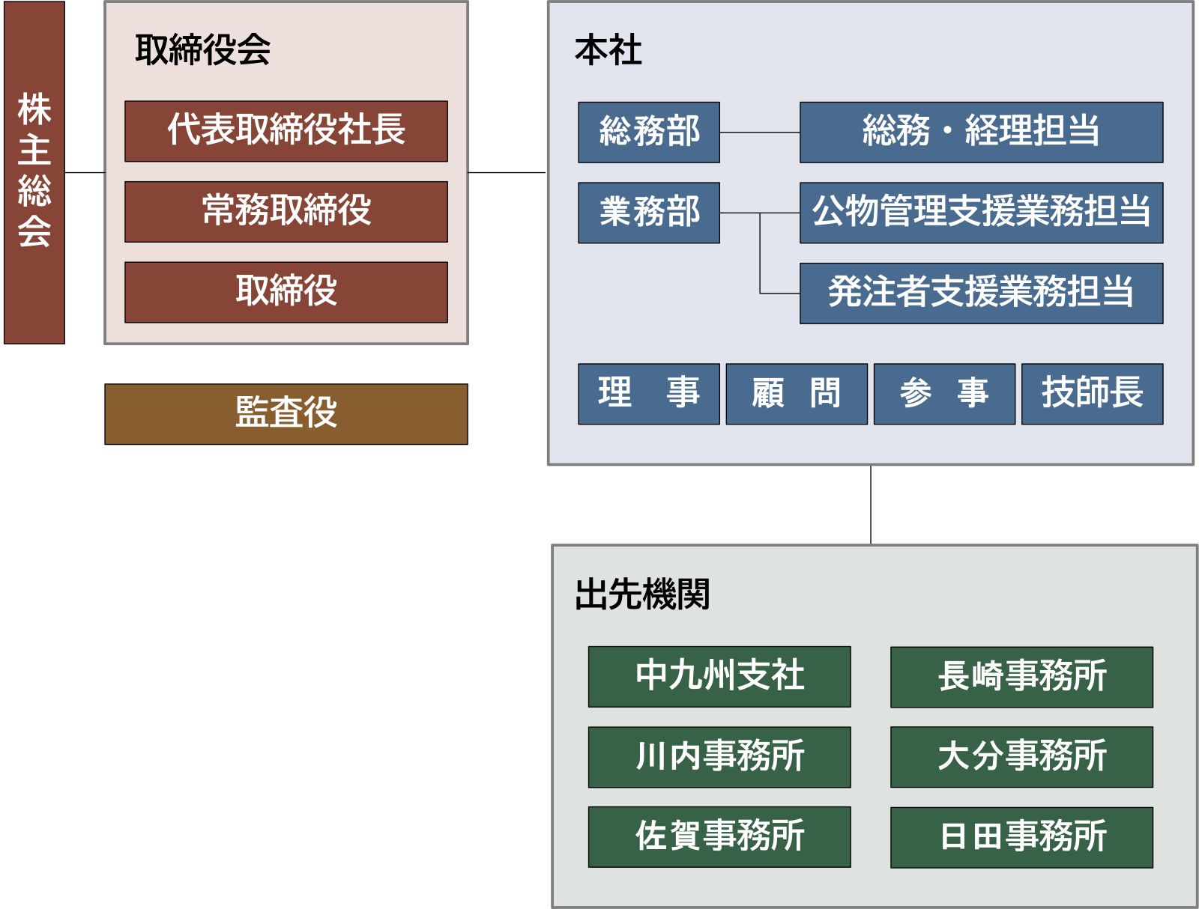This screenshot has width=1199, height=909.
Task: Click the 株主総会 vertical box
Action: pos(34,172)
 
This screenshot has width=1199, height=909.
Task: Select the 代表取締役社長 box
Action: pos(286,131)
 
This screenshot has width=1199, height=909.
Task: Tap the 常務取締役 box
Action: pos(286,212)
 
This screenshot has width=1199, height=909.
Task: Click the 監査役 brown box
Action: pos(286,414)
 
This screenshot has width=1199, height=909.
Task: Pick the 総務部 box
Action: pos(649,132)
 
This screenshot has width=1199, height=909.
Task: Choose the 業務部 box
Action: pos(649,213)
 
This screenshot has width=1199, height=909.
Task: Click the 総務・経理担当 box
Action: pos(982,132)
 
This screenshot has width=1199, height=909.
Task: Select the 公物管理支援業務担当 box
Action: pos(982,213)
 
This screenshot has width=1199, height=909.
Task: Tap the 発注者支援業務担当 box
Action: pos(982,294)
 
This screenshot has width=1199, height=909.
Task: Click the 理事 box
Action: pos(649,394)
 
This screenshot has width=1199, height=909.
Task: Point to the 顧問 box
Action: pos(797,394)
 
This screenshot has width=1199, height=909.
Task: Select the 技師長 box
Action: pos(1093,394)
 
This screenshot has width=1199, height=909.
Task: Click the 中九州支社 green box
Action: pos(719,677)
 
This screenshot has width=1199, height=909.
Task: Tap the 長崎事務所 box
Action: pos(1022,677)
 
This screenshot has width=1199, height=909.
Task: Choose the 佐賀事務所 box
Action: pos(719,837)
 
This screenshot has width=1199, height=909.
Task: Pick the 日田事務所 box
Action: pos(1022,838)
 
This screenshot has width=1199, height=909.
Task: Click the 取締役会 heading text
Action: pos(202,49)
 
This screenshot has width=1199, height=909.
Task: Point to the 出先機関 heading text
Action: pos(642,594)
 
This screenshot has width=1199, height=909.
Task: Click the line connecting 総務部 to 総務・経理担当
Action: pos(760,132)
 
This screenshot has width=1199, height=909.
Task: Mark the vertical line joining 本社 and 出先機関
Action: pos(871,505)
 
